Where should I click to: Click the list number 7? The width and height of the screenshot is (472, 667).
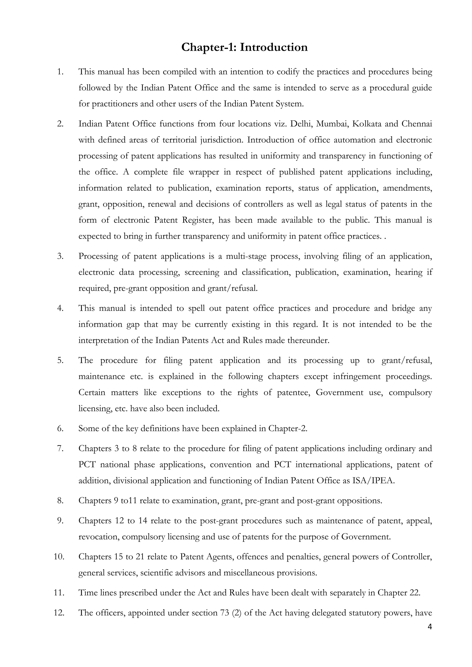click(x=60, y=449)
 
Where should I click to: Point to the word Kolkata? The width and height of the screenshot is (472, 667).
click(x=366, y=124)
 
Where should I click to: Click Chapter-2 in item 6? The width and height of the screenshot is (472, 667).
click(x=287, y=429)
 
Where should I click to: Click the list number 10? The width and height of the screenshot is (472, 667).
click(x=59, y=557)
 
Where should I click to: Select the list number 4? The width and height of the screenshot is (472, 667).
click(x=60, y=308)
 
